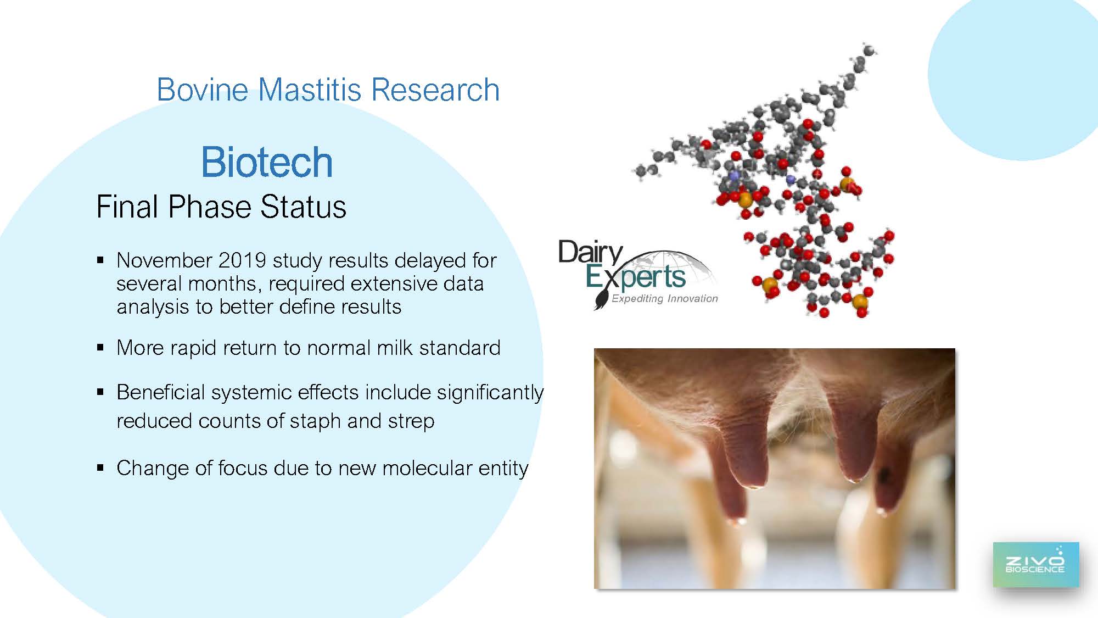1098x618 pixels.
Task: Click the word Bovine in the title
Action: tap(203, 90)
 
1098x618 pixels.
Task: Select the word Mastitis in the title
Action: tap(310, 90)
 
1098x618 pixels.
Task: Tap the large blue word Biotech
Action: tap(267, 162)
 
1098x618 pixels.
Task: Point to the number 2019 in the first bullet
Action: tap(242, 260)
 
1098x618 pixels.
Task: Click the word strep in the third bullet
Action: tap(411, 421)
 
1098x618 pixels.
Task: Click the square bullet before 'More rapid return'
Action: tap(100, 348)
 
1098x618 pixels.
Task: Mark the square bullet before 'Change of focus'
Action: tap(100, 468)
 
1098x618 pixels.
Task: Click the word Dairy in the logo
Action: tap(591, 253)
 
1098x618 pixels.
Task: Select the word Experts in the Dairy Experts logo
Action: tap(636, 277)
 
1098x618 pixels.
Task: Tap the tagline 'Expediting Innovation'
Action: tap(665, 298)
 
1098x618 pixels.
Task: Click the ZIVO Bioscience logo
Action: tap(1035, 565)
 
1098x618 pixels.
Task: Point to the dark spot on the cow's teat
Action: tap(883, 475)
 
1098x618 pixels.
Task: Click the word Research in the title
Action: tap(435, 90)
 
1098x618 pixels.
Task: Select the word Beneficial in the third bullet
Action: tap(161, 392)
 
